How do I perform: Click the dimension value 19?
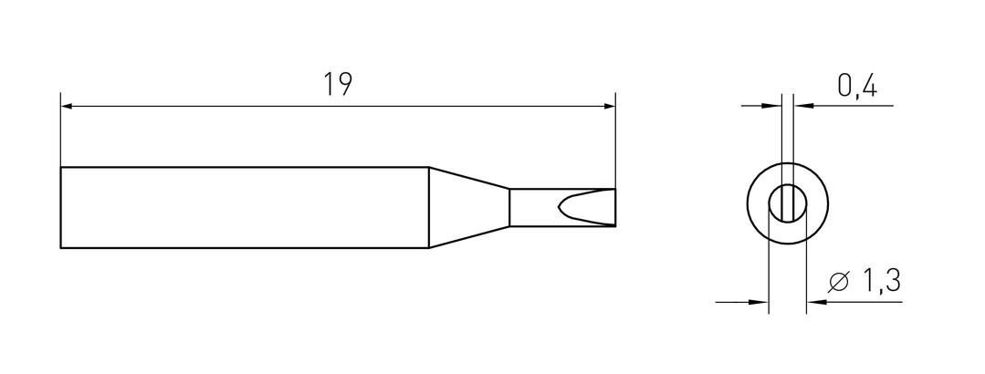tap(338, 85)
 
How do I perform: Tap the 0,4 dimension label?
tap(857, 86)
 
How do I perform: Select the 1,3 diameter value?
tap(882, 282)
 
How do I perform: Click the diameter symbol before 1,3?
tap(839, 283)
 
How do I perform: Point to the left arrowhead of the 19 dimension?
tap(68, 107)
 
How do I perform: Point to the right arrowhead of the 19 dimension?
tap(609, 107)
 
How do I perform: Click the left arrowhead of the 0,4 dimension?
tap(774, 106)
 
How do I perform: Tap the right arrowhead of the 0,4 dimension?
tap(801, 106)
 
